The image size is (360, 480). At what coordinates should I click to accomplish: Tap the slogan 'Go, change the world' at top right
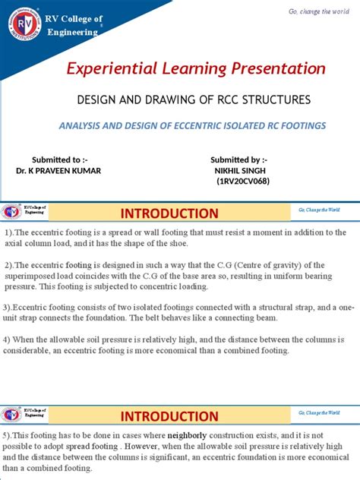319,11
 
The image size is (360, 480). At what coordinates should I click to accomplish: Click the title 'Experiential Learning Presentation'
197,69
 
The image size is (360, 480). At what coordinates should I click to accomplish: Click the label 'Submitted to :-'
54,159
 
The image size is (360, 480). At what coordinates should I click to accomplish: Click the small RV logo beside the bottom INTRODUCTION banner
11,415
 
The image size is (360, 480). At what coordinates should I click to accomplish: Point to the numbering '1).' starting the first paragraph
9,232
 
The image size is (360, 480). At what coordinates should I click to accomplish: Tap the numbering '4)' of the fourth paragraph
8,339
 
